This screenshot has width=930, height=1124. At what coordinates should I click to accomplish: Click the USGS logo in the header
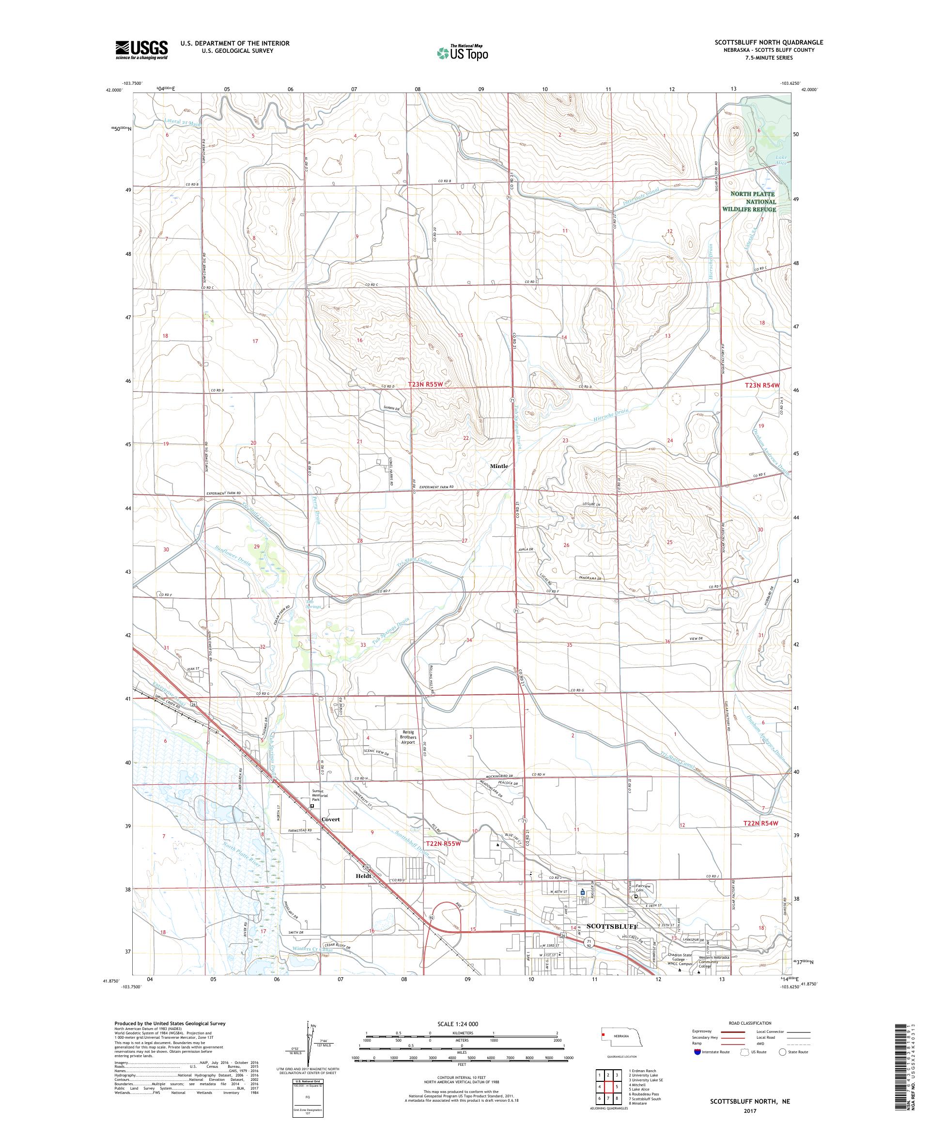coord(141,50)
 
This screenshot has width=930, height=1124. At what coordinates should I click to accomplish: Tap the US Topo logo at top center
coord(463,52)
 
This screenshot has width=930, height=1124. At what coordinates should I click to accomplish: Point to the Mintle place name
coord(499,466)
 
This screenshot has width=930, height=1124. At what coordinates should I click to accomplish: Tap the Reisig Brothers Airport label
coord(408,737)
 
